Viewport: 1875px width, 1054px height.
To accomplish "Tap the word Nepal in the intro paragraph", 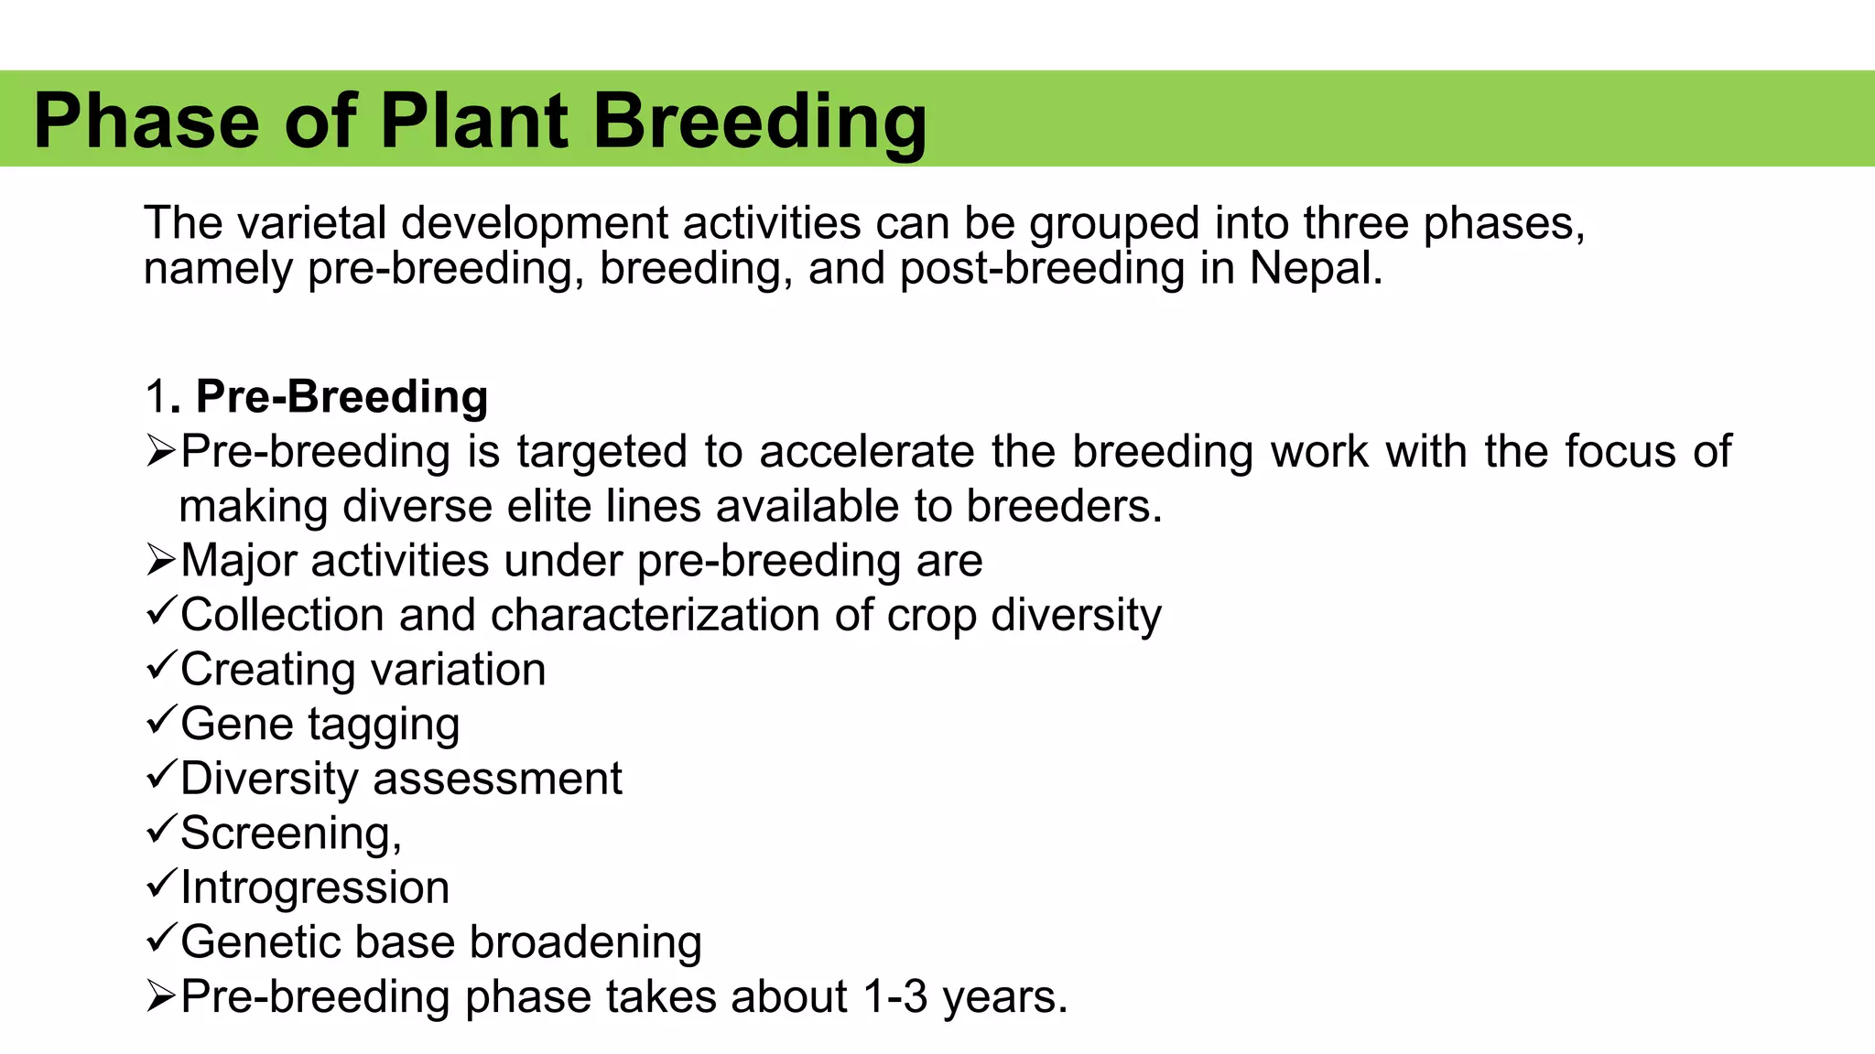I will point(1315,268).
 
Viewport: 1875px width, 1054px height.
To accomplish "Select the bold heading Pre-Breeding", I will point(341,396).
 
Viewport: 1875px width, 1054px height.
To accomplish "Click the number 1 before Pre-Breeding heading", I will point(155,396).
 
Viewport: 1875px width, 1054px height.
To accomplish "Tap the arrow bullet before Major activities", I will point(160,560).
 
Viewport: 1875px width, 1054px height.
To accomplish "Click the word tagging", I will point(384,725).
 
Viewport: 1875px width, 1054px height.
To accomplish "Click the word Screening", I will point(287,833).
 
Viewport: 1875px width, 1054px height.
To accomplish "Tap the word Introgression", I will point(315,887).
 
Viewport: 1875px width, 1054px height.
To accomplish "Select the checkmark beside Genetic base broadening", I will point(160,937).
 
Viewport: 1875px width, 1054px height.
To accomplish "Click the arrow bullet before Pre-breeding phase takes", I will point(160,996).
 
